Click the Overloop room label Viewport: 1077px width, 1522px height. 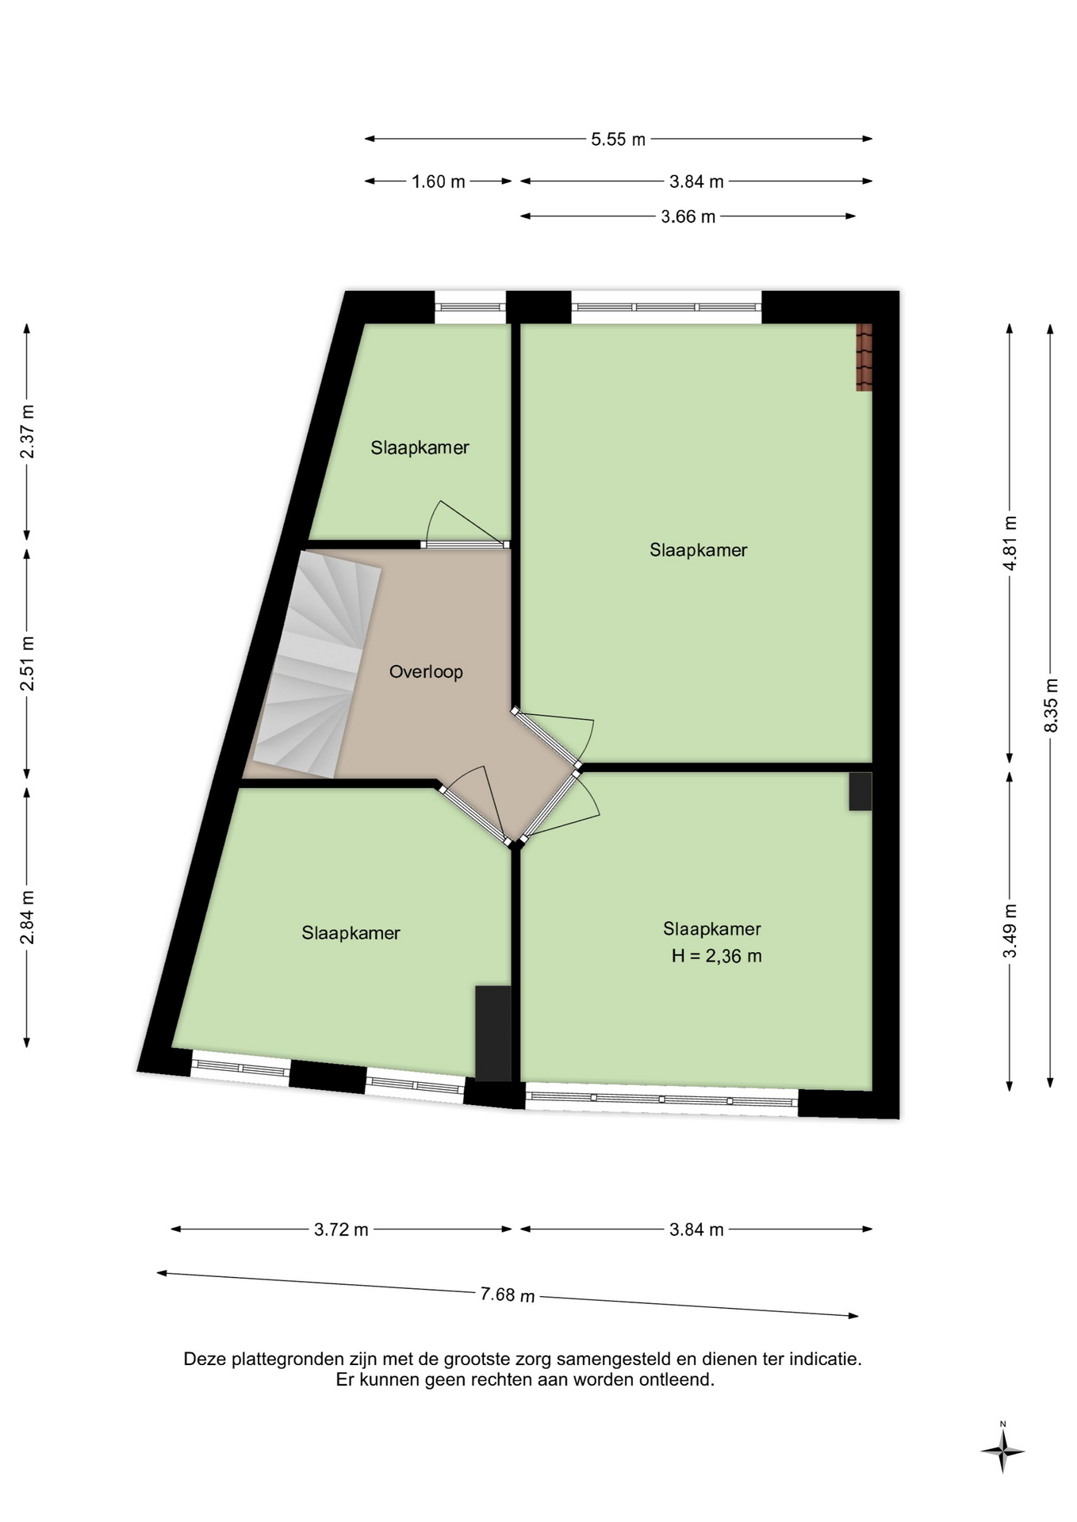pyautogui.click(x=426, y=672)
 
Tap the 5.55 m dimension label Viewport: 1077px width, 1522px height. pyautogui.click(x=619, y=140)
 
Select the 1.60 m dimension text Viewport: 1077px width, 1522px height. pyautogui.click(x=438, y=182)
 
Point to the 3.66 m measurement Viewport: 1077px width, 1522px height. pyautogui.click(x=688, y=216)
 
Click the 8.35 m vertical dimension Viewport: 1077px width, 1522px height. pyautogui.click(x=1052, y=705)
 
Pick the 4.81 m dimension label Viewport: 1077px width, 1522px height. pyautogui.click(x=1010, y=543)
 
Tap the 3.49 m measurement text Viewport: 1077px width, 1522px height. pyautogui.click(x=1010, y=931)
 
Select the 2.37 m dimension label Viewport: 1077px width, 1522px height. pyautogui.click(x=27, y=431)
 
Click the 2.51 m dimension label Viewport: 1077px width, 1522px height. pyautogui.click(x=27, y=663)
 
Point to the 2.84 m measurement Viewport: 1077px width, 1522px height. pyautogui.click(x=27, y=918)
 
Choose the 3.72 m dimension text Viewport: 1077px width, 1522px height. pyautogui.click(x=341, y=1229)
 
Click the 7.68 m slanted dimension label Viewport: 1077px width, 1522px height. pyautogui.click(x=508, y=1294)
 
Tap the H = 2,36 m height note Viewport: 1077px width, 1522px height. pyautogui.click(x=716, y=956)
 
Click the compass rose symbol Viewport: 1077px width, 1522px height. pyautogui.click(x=1002, y=1451)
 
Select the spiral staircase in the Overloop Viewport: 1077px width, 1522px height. pyautogui.click(x=314, y=663)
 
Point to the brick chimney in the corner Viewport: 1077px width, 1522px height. pyautogui.click(x=864, y=357)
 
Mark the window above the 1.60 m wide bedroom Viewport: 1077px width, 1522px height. pyautogui.click(x=470, y=308)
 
